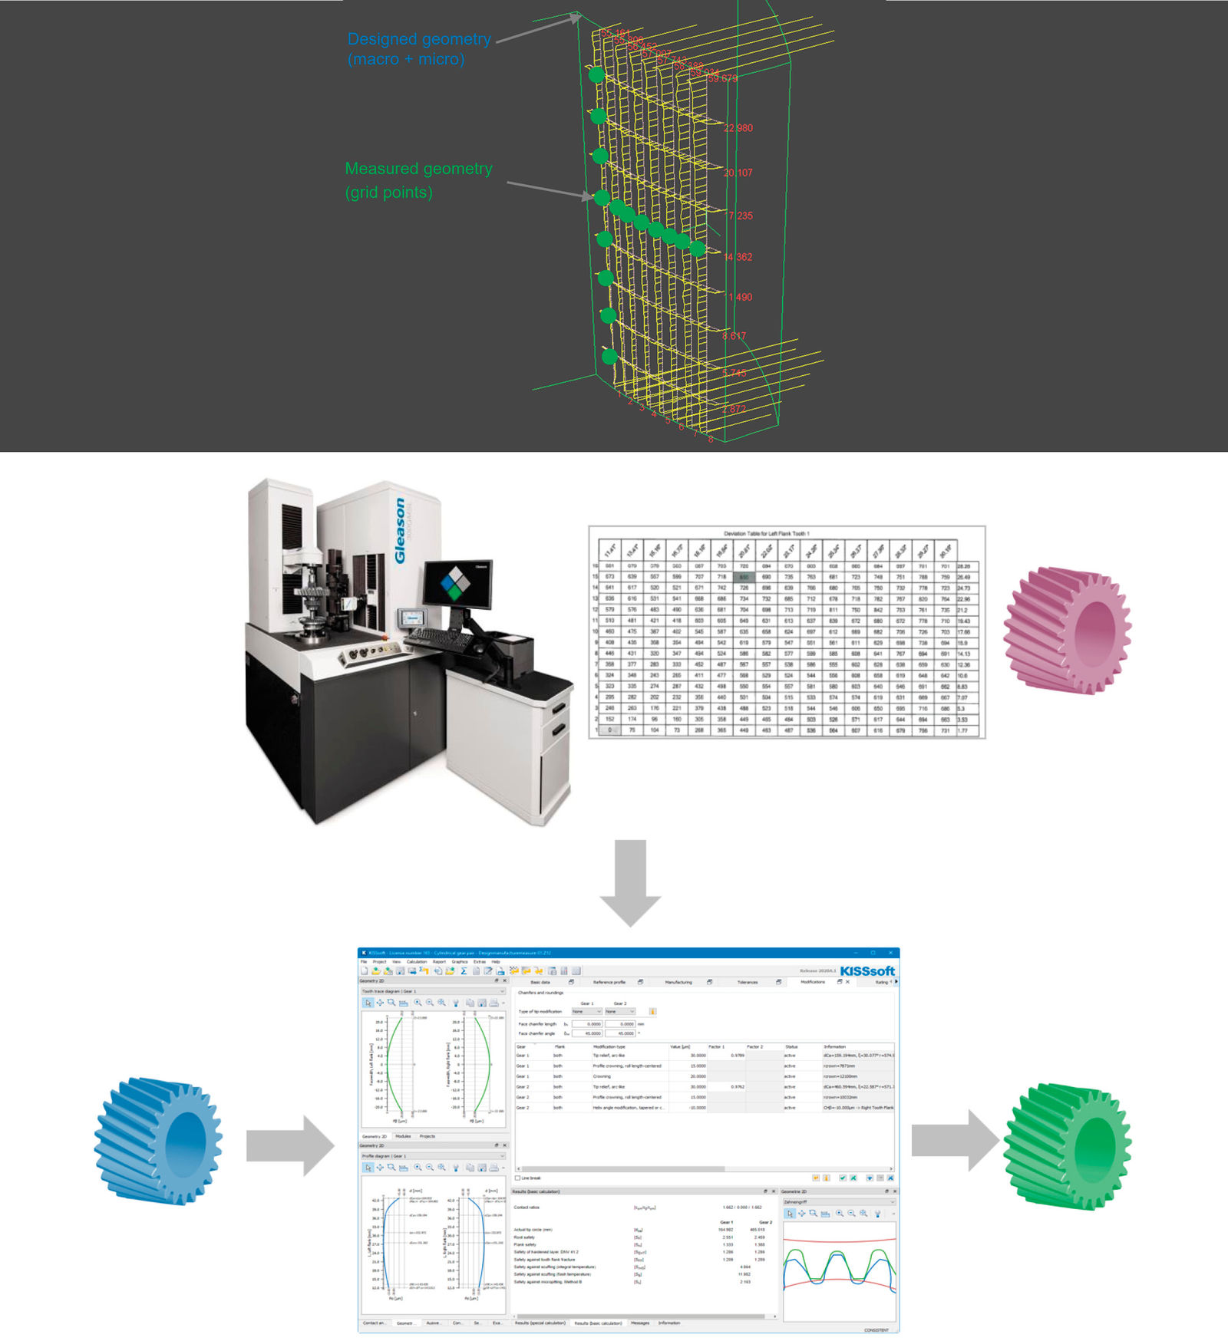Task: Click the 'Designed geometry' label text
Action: tap(419, 39)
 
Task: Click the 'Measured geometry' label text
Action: tap(418, 169)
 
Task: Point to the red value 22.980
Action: tap(738, 128)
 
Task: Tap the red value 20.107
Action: tap(738, 173)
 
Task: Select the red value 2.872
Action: tap(734, 409)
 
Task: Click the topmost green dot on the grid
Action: tap(596, 75)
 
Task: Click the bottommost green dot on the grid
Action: tap(609, 356)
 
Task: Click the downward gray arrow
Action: tap(630, 882)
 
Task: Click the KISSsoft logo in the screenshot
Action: tap(867, 970)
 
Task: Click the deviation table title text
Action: tap(766, 533)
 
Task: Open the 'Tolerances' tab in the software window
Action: tap(747, 982)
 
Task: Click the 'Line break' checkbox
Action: tap(518, 1178)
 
